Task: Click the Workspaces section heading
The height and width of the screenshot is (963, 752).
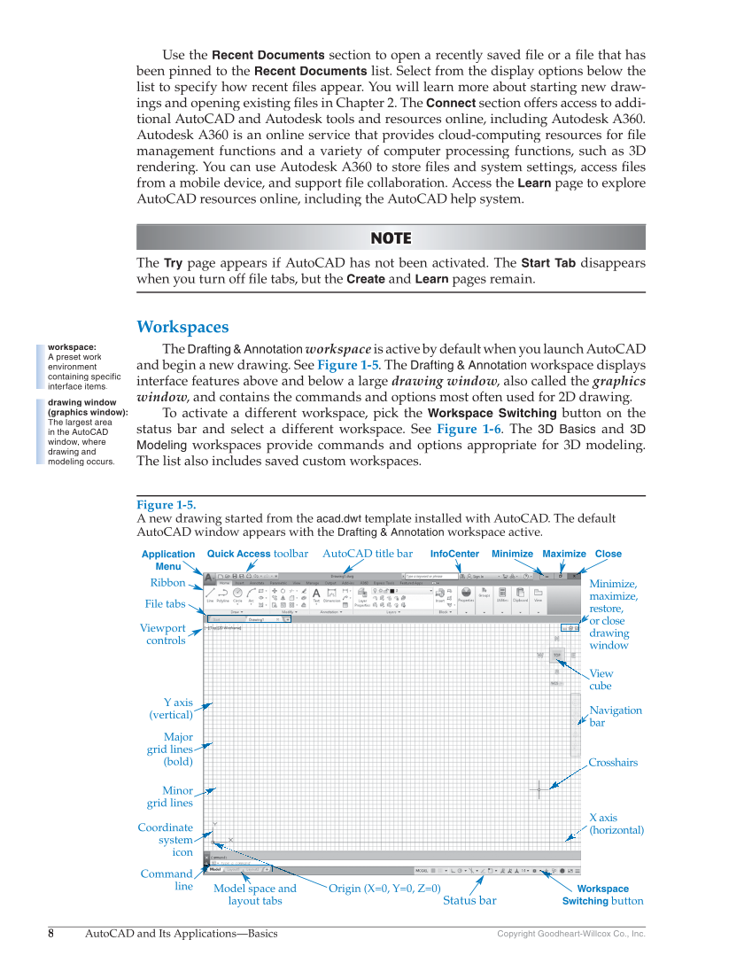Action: tap(182, 327)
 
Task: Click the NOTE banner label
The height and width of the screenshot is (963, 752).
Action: tap(391, 238)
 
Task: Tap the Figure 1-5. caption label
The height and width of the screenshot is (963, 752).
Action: tap(167, 505)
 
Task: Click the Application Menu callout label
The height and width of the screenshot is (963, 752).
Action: tap(168, 560)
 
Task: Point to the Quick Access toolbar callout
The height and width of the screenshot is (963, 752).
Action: tap(257, 554)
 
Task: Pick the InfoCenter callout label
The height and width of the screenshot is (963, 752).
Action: tap(454, 554)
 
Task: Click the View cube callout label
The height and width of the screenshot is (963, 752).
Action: tap(601, 680)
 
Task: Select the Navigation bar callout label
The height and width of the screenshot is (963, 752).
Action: tap(616, 716)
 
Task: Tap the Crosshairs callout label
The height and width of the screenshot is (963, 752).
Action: tap(613, 763)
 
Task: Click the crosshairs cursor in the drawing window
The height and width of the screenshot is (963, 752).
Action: tap(539, 788)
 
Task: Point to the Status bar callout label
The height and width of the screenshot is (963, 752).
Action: tap(469, 901)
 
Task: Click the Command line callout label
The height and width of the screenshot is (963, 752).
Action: tap(167, 880)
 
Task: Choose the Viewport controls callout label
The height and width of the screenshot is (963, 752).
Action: tap(163, 634)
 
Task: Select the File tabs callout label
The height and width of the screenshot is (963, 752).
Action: tap(166, 604)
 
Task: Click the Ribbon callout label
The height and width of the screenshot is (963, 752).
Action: tap(167, 583)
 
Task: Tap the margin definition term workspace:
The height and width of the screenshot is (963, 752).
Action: tap(72, 347)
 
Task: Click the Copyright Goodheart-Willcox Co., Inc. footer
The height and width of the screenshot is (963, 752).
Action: tap(570, 934)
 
